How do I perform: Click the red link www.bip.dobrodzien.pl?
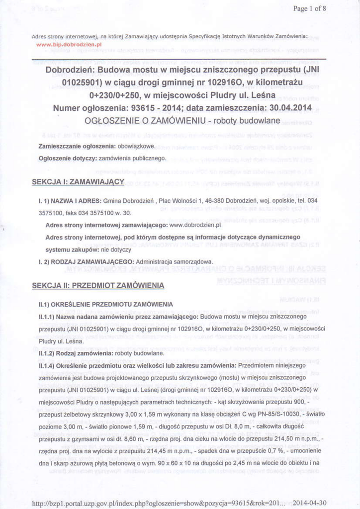(69, 44)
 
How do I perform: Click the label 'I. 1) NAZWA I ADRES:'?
(70, 200)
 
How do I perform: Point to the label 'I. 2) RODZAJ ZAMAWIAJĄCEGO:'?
(86, 261)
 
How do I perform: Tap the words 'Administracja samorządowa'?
(175, 261)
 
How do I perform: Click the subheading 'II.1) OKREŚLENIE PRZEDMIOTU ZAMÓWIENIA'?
(105, 304)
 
